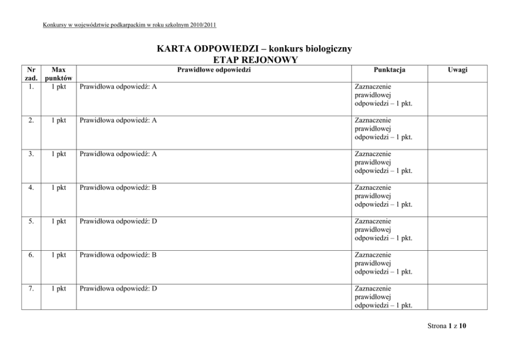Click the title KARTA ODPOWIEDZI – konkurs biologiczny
[254, 49]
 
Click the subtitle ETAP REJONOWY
[254, 61]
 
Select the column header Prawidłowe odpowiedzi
[214, 70]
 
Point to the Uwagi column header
[457, 70]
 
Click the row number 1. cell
[32, 87]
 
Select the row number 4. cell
[32, 188]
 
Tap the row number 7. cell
[32, 288]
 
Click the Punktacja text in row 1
[383, 95]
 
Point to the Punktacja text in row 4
[383, 196]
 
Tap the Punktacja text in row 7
[383, 296]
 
